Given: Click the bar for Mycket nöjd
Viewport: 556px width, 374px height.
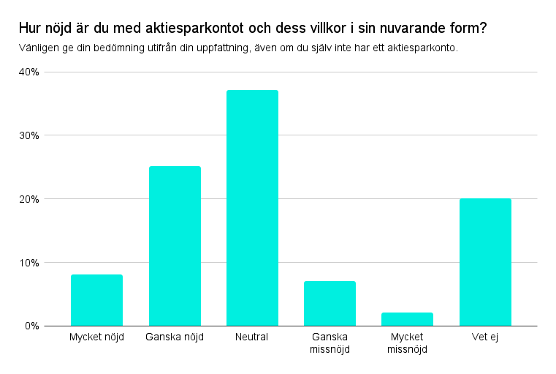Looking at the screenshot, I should point(96,300).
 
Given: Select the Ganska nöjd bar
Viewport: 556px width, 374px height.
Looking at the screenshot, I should point(175,246).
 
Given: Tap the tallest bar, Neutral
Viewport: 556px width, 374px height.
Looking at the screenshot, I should point(252,208).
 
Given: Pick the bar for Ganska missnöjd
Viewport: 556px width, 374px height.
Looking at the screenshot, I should point(330,303).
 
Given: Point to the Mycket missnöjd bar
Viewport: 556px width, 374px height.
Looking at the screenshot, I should point(407,319).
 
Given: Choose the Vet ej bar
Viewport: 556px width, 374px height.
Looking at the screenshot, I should point(485,262).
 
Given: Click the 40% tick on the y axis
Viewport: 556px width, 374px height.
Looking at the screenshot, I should point(30,72).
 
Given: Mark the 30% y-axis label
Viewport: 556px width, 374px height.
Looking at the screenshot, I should point(30,135).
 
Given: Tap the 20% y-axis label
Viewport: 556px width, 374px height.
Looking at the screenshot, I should point(30,199).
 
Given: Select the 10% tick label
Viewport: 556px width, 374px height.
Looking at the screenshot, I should point(30,262).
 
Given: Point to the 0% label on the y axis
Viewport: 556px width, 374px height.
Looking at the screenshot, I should point(33,326).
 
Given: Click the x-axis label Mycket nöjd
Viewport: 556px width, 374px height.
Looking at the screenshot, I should point(96,337).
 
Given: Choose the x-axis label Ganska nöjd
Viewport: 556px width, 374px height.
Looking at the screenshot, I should point(175,337).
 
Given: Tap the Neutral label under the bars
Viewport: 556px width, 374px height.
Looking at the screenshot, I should point(252,337).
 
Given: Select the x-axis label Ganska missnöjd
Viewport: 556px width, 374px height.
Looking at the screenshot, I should point(330,343).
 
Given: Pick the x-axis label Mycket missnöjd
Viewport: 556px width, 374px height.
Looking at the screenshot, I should point(407,343).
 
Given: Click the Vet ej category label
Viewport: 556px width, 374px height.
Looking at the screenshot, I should point(485,337).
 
